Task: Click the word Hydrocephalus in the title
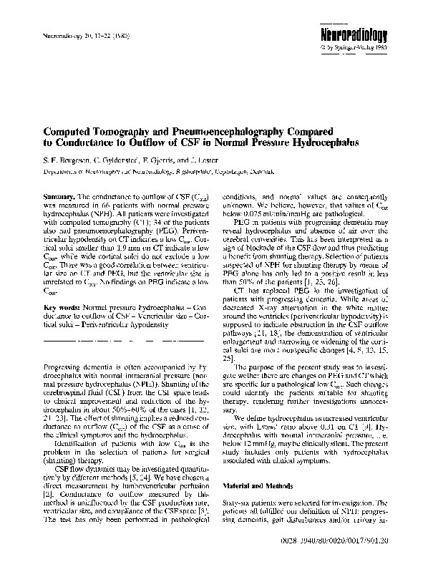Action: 325,143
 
